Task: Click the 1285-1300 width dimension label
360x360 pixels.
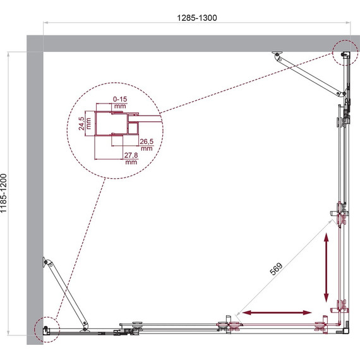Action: pos(197,18)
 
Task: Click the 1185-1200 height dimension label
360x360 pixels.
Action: pos(4,193)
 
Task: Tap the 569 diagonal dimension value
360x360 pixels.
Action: pos(276,268)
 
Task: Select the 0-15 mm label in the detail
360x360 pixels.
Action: pos(120,102)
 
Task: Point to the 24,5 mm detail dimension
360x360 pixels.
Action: pos(85,124)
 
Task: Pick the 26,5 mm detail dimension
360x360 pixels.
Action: pos(147,145)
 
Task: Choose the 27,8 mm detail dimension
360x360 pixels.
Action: pos(131,159)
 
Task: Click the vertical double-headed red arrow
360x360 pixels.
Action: pos(327,268)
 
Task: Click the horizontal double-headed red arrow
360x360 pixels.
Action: pos(277,313)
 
